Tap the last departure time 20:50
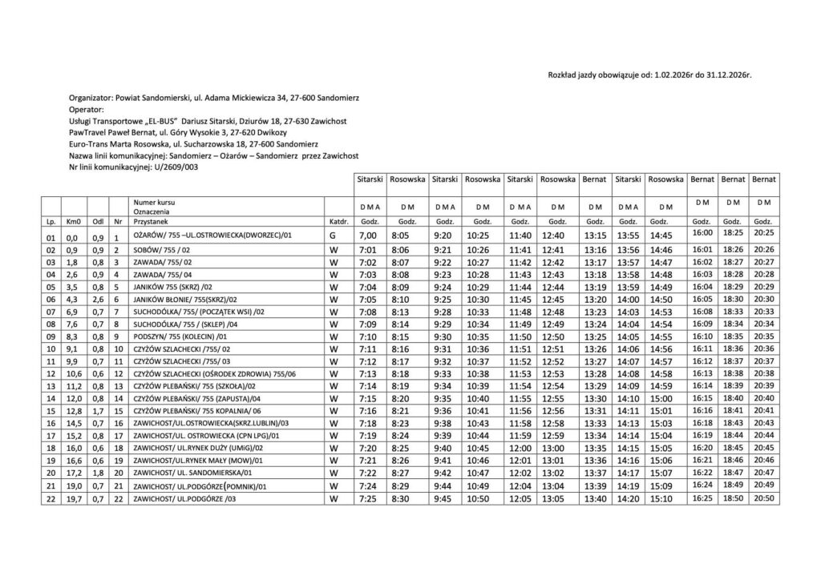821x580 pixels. pos(763,497)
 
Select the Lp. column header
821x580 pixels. pos(51,220)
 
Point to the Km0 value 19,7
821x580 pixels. pos(73,498)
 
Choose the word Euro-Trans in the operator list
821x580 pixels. pos(89,143)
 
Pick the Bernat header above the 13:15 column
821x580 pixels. pos(595,179)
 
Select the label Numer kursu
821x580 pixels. pos(154,203)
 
